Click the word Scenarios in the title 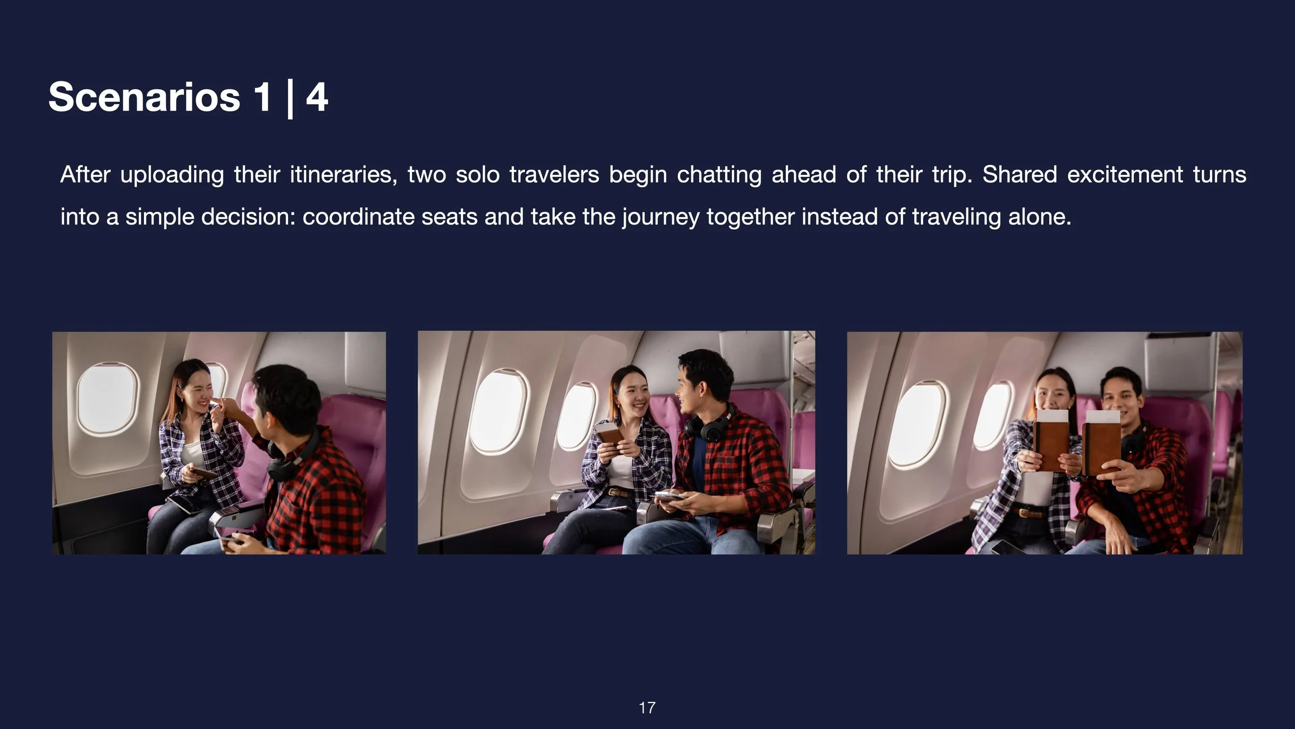(x=144, y=97)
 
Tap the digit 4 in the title (x=316, y=97)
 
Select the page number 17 (x=647, y=707)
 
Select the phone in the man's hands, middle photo (x=669, y=496)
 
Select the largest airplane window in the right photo (x=917, y=424)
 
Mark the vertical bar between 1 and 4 (x=290, y=98)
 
